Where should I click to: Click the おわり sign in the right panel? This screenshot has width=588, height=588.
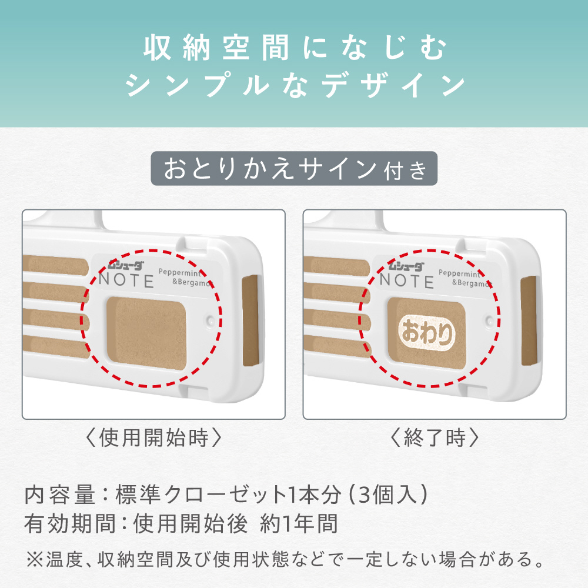pyautogui.click(x=427, y=332)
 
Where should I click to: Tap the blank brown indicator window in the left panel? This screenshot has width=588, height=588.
pyautogui.click(x=146, y=333)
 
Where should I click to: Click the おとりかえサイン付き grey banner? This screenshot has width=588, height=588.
pyautogui.click(x=294, y=168)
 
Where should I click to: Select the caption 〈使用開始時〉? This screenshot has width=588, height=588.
pyautogui.click(x=153, y=437)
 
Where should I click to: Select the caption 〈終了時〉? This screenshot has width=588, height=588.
pyautogui.click(x=435, y=437)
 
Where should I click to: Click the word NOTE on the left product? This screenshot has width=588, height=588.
pyautogui.click(x=126, y=280)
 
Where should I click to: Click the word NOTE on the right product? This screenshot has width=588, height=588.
pyautogui.click(x=407, y=281)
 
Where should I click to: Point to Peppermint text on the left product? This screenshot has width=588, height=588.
pyautogui.click(x=180, y=273)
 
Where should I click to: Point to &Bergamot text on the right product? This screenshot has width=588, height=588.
pyautogui.click(x=472, y=283)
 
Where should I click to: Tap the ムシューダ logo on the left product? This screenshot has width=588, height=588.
pyautogui.click(x=126, y=266)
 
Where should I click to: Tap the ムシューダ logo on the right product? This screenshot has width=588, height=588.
pyautogui.click(x=406, y=266)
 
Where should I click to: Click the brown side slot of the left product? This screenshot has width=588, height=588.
pyautogui.click(x=250, y=320)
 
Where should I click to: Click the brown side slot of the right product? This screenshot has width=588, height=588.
pyautogui.click(x=529, y=321)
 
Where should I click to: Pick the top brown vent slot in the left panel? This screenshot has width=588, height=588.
pyautogui.click(x=55, y=266)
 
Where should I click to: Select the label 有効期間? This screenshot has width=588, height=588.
pyautogui.click(x=70, y=523)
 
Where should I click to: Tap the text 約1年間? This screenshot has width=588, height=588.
pyautogui.click(x=299, y=523)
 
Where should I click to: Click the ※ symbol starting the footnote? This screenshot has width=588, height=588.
pyautogui.click(x=35, y=560)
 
